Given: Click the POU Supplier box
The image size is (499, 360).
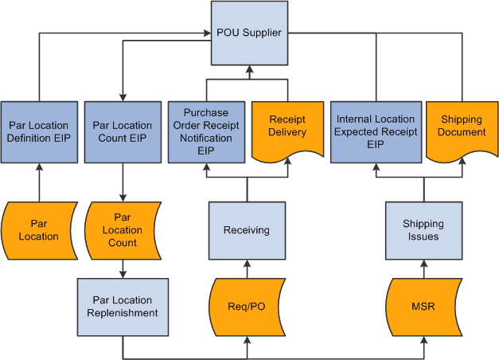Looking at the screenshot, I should pos(248,33).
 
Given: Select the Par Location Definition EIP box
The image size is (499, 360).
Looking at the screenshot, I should pos(39,131).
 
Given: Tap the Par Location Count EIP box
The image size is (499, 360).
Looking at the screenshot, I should pos(122,131).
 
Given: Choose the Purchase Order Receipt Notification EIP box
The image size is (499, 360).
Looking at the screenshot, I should pos(206,131).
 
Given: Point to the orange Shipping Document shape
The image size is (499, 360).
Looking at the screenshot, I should pos(461,127).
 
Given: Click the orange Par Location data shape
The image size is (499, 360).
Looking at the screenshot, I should pos(39,230).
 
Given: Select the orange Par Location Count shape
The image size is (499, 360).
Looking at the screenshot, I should pos(122,230).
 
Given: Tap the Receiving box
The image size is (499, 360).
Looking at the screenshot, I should pos(247,230).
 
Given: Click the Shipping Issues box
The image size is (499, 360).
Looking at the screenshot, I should pos(423,230).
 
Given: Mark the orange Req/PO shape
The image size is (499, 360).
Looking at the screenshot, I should pos(247,306).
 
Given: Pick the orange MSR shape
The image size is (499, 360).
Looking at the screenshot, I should pos(423,306).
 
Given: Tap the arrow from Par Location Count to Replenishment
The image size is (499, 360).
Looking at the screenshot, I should pos(122,268).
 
